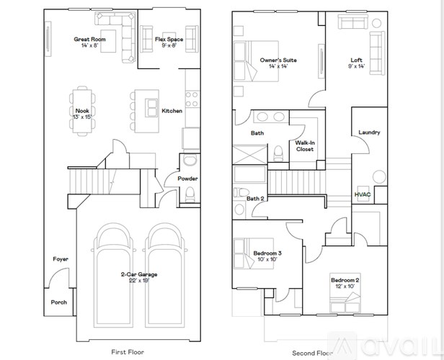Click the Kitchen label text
pos(172,111)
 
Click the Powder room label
pos(187,179)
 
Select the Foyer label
pos(60,259)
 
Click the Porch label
pos(58,302)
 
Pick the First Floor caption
pos(128,352)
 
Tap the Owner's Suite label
pos(278,60)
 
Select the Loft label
pos(356,60)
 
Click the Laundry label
pos(369,132)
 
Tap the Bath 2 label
pos(256,199)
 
